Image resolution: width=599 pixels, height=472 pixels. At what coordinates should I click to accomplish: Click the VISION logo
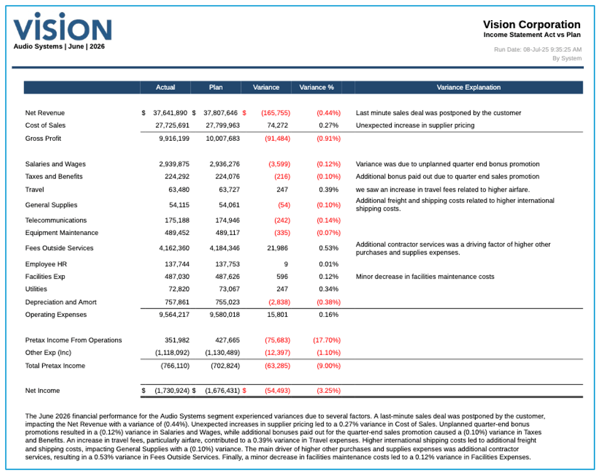[x=62, y=28]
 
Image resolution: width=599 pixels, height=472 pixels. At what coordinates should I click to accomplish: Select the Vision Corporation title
[x=531, y=25]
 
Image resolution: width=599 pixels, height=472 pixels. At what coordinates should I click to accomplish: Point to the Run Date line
[x=537, y=49]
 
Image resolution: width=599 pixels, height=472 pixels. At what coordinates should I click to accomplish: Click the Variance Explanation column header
[x=468, y=87]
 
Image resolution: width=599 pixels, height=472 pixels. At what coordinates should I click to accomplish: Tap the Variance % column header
[x=316, y=87]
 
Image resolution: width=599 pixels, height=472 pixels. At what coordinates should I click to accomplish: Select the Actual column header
[x=166, y=87]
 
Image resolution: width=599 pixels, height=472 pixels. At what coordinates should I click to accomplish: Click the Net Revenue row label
[x=45, y=113]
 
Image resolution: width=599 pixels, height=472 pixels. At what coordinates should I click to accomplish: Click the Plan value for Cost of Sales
[x=223, y=126]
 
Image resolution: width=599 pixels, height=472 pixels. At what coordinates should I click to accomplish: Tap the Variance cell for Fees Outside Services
[x=276, y=248]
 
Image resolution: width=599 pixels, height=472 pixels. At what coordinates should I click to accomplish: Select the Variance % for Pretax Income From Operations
[x=326, y=340]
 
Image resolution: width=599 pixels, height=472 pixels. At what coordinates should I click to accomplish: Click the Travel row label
[x=35, y=189]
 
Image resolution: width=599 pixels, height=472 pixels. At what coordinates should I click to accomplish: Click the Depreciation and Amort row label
[x=60, y=302]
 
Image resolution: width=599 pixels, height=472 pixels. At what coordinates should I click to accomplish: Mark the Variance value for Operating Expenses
[x=278, y=314]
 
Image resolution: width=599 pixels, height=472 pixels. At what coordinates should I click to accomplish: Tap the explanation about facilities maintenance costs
[x=424, y=277]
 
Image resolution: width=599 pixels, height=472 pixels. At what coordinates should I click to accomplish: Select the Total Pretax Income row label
[x=55, y=365]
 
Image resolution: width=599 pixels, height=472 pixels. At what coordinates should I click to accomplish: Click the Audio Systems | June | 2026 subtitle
[x=59, y=47]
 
